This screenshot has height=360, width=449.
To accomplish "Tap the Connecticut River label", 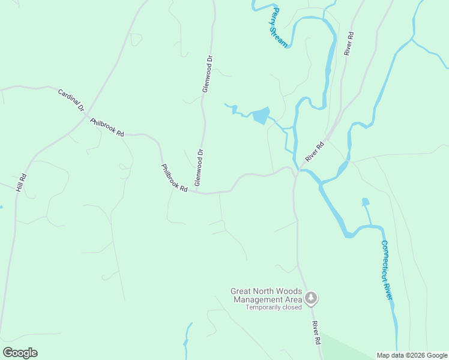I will pos(388,270).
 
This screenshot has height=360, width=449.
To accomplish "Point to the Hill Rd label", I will pos(21,182).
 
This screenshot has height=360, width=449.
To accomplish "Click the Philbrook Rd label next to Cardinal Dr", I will pos(107,127).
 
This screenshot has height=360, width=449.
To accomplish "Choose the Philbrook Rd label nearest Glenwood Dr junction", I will pos(175,178).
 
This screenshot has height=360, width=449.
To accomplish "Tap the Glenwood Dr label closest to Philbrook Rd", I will pos(199,166).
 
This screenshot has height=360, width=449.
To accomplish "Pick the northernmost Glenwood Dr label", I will pos(208,74).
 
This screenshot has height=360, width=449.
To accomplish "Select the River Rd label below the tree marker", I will pos(316,332).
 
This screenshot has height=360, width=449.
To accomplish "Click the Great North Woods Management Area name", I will pos(266,295).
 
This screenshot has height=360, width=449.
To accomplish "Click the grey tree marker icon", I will pos(311,298).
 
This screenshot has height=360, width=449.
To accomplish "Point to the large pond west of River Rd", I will pos(261,115).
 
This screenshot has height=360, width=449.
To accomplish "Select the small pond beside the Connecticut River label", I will pos(366,202).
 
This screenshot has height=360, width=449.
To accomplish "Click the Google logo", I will pos(20,353).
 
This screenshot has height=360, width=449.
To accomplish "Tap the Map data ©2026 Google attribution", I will pos(412,355).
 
